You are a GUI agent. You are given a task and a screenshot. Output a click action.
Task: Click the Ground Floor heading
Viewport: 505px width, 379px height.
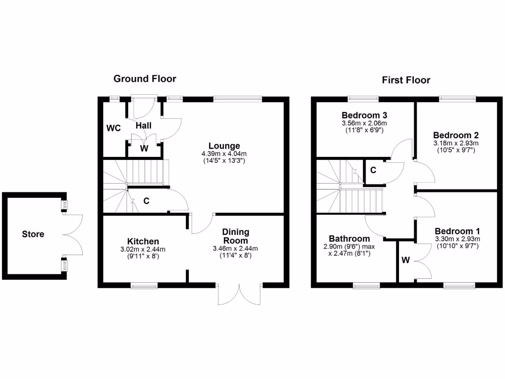(144, 78)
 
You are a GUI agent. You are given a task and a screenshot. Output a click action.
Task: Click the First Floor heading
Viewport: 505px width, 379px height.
(406, 80)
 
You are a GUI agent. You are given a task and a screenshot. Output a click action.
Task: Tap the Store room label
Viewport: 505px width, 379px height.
(33, 234)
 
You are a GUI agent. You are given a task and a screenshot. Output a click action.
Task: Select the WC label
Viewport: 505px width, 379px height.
(114, 128)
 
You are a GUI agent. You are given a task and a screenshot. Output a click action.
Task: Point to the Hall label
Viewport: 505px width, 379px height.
(144, 126)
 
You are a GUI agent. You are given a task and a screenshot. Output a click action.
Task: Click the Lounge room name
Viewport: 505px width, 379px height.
(224, 146)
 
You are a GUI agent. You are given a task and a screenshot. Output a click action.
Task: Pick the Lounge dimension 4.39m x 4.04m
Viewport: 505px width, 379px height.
(224, 153)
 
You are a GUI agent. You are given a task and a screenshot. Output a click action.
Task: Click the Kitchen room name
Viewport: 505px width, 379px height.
(143, 241)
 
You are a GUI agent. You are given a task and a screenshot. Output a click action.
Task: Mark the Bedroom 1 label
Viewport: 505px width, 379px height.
(457, 231)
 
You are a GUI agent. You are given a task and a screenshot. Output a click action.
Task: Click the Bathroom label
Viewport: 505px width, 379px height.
(349, 239)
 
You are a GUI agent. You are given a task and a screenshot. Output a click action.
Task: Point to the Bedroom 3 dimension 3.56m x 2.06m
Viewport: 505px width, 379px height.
(364, 123)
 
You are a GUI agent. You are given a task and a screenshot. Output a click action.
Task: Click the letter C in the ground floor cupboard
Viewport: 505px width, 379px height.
(146, 201)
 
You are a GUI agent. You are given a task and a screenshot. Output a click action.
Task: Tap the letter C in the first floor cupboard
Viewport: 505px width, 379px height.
(373, 170)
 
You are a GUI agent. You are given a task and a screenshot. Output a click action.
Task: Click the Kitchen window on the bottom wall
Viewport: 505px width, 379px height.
(144, 285)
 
